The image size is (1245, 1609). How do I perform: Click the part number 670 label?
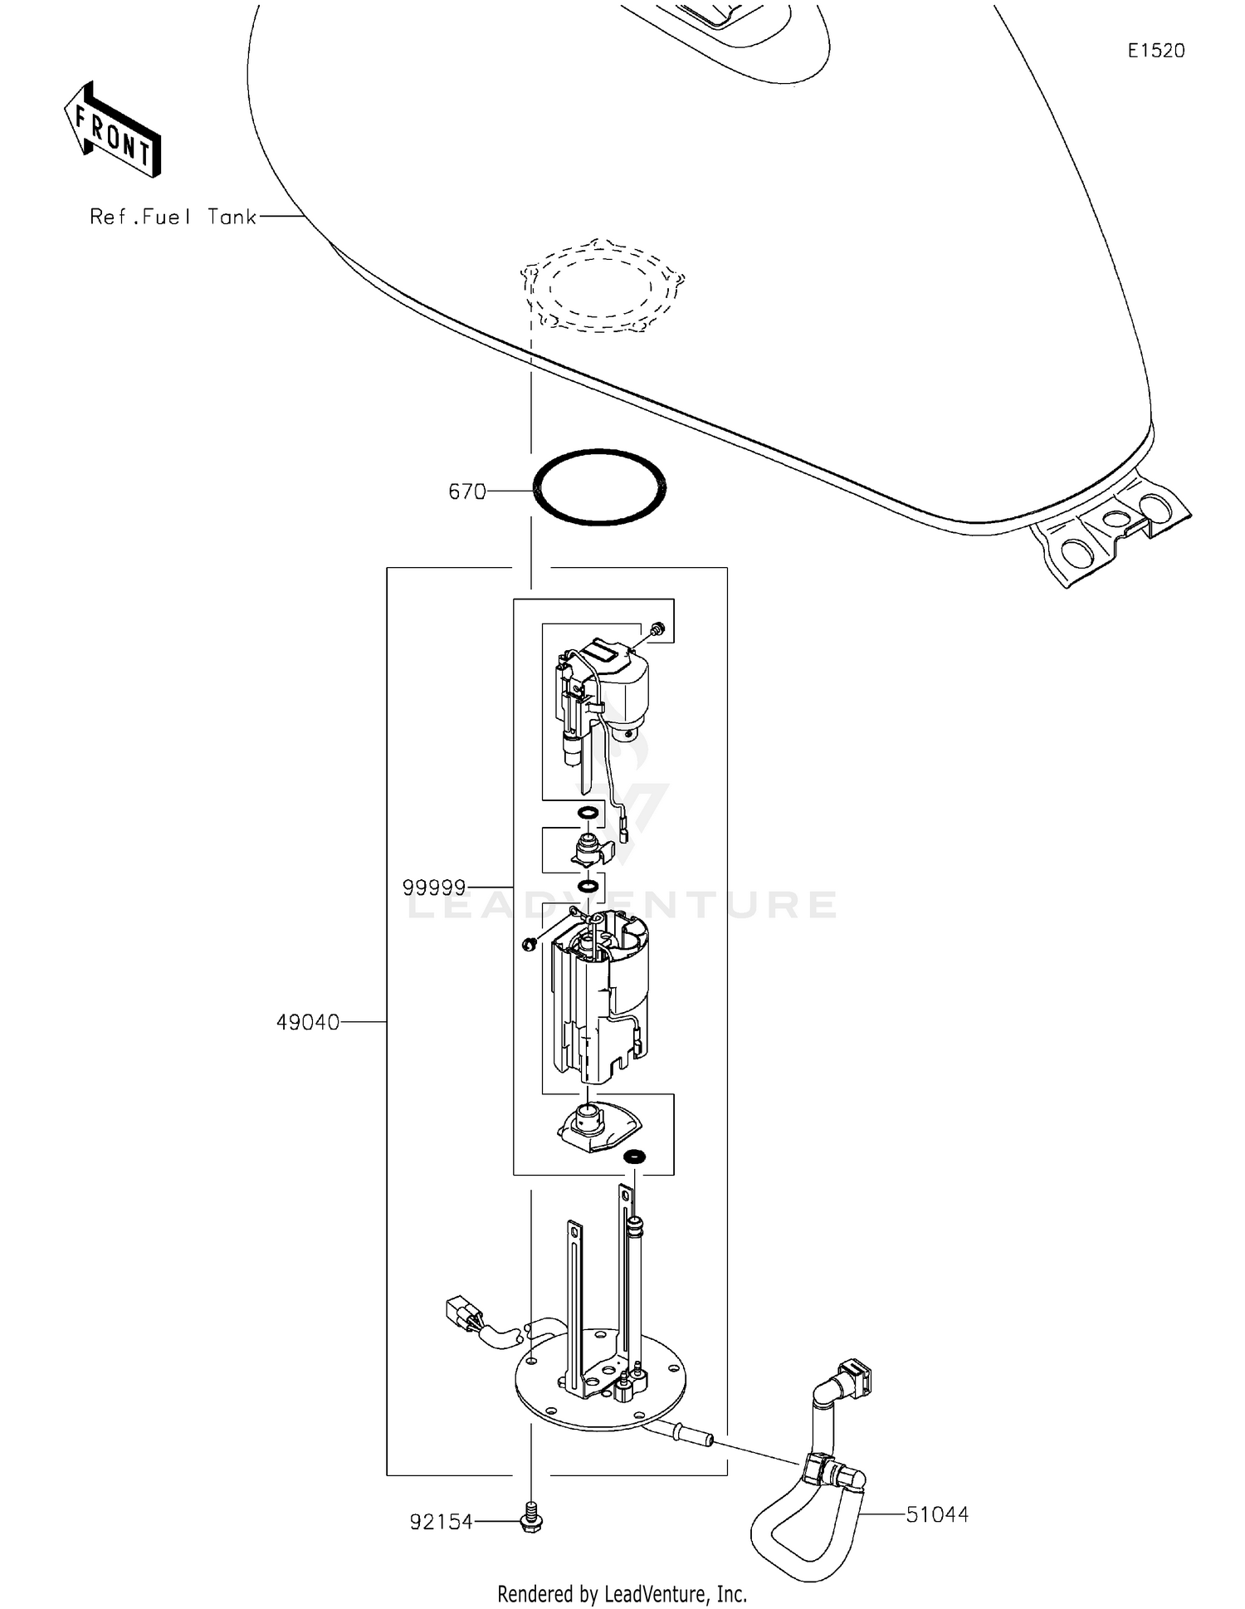[x=466, y=492]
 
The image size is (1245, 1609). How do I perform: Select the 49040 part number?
[x=308, y=1022]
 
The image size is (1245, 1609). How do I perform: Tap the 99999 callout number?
[x=433, y=888]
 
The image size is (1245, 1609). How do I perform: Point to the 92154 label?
[x=441, y=1522]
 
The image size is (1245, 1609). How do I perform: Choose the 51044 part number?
[x=937, y=1514]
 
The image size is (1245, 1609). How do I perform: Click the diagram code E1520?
[x=1155, y=51]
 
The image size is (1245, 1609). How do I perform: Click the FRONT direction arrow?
[x=112, y=130]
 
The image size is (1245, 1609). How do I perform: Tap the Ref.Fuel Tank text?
[x=173, y=217]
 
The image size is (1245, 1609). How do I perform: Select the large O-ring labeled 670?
[x=599, y=487]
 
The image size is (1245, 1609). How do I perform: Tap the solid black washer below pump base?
[x=635, y=1157]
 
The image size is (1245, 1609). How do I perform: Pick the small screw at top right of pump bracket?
[x=658, y=628]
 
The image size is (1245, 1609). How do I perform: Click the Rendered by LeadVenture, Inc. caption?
[x=622, y=1593]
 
